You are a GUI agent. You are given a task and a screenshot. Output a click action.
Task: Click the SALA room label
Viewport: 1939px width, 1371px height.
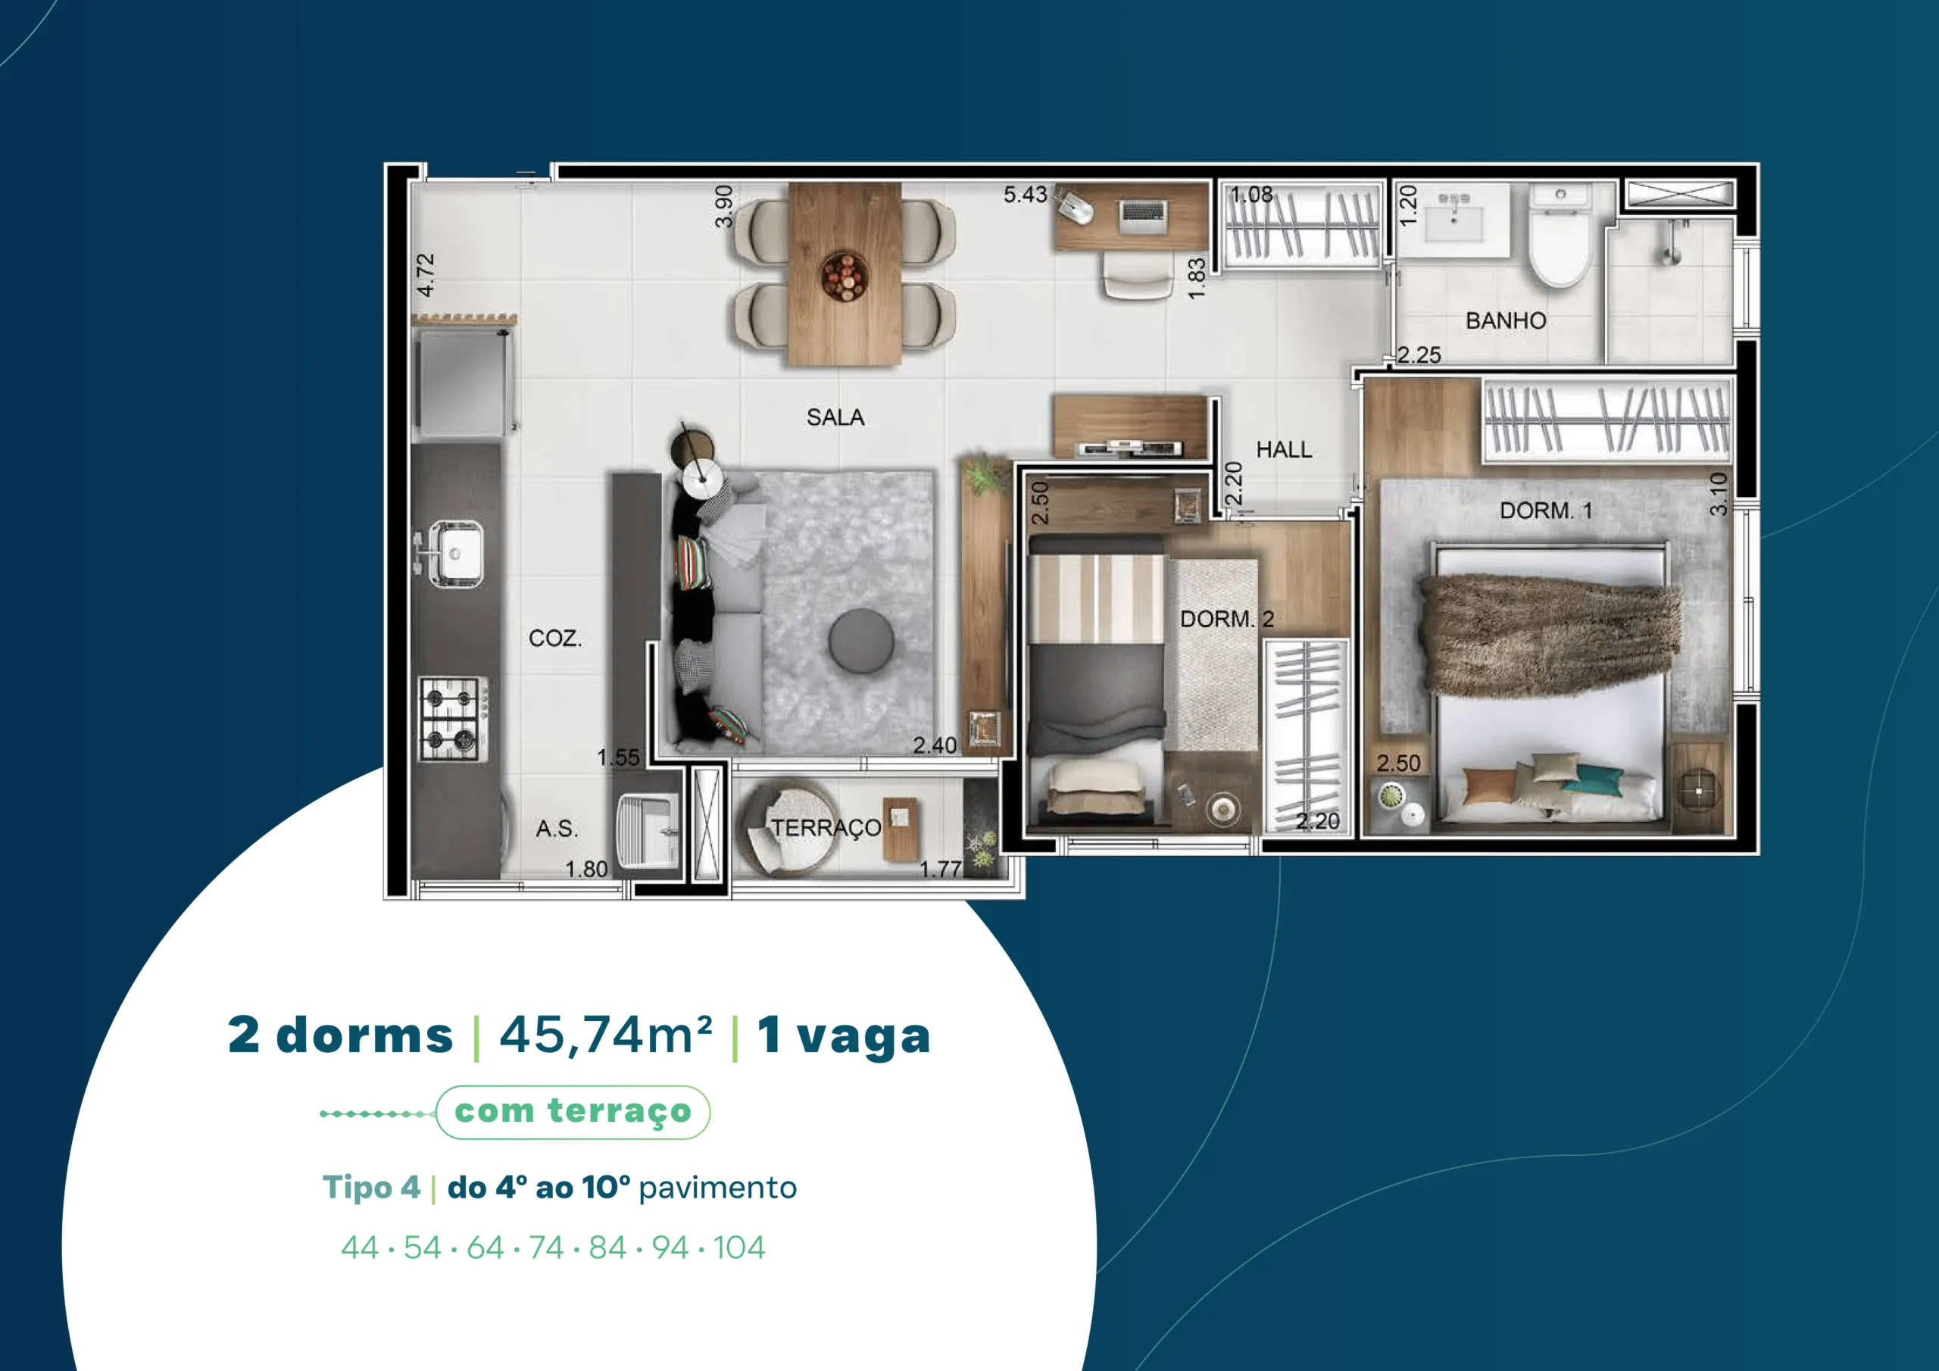pyautogui.click(x=835, y=417)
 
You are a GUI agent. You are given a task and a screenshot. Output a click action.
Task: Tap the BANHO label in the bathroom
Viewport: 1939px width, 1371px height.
pyautogui.click(x=1506, y=321)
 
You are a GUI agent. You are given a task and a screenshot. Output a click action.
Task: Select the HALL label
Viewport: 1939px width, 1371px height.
pyautogui.click(x=1284, y=449)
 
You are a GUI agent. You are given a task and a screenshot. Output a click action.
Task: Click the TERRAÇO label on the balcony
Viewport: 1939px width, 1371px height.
pyautogui.click(x=826, y=828)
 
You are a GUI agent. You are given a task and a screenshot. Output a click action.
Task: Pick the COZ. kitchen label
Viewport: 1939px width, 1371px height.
pyautogui.click(x=555, y=638)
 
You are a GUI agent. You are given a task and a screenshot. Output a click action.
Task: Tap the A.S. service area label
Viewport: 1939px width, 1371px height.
pyautogui.click(x=557, y=829)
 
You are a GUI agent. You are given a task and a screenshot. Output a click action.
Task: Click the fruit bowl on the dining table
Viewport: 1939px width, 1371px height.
pyautogui.click(x=843, y=276)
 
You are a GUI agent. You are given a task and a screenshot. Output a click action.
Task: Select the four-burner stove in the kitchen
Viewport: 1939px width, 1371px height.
pyautogui.click(x=454, y=720)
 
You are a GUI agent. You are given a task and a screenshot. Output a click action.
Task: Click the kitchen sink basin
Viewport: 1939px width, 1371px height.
pyautogui.click(x=456, y=553)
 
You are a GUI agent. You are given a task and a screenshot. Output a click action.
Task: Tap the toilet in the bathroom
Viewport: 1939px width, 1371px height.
pyautogui.click(x=1560, y=236)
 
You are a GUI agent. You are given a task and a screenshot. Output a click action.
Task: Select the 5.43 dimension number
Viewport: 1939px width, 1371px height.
pyautogui.click(x=1026, y=195)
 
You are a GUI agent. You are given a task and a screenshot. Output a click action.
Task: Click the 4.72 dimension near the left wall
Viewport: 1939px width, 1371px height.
pyautogui.click(x=426, y=276)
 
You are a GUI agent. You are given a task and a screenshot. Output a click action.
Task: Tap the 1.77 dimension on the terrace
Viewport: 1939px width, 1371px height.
pyautogui.click(x=940, y=870)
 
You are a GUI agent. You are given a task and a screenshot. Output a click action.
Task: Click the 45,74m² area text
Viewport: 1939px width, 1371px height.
pyautogui.click(x=605, y=1035)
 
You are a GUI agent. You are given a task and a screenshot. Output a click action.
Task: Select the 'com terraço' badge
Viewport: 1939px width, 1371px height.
pyautogui.click(x=573, y=1112)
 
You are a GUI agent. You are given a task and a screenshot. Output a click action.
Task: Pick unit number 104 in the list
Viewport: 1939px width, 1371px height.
pyautogui.click(x=739, y=1248)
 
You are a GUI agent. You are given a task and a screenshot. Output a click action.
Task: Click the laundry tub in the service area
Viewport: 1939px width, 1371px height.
pyautogui.click(x=648, y=831)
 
